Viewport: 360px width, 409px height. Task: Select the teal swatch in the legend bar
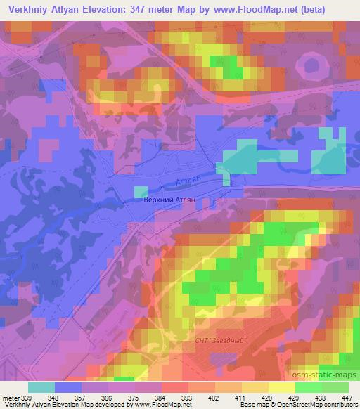pos(41,387)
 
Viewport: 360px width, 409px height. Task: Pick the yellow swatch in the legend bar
pos(281,387)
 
